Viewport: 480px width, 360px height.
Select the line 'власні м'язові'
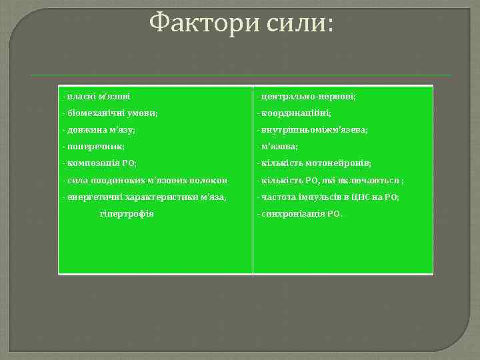click(96, 97)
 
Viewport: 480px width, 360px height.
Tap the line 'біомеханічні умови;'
click(110, 113)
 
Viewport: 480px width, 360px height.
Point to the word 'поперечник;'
click(95, 147)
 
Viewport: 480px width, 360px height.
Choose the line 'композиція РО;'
click(99, 163)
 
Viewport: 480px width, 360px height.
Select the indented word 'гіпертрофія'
click(127, 214)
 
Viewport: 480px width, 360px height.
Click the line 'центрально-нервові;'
click(307, 97)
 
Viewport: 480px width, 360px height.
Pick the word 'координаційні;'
click(297, 113)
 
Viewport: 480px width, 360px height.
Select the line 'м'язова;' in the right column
click(279, 147)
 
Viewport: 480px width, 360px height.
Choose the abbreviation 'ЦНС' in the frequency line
click(361, 197)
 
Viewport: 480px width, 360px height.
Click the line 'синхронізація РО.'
click(301, 214)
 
